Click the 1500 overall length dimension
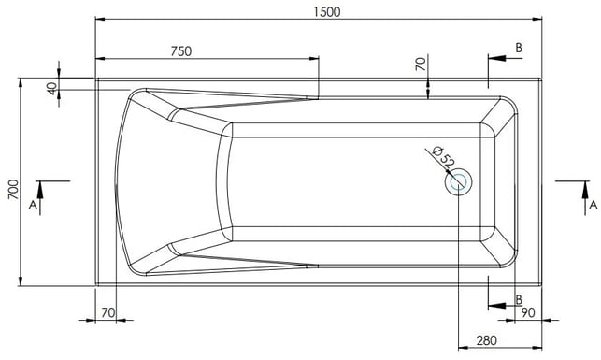coord(326,12)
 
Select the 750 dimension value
coord(181,51)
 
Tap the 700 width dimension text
coord(13,189)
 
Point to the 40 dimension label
coord(51,89)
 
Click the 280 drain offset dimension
coord(486,340)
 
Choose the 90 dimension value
coord(528,313)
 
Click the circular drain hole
coord(458,181)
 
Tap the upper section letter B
coord(519,48)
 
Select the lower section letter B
coord(519,299)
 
